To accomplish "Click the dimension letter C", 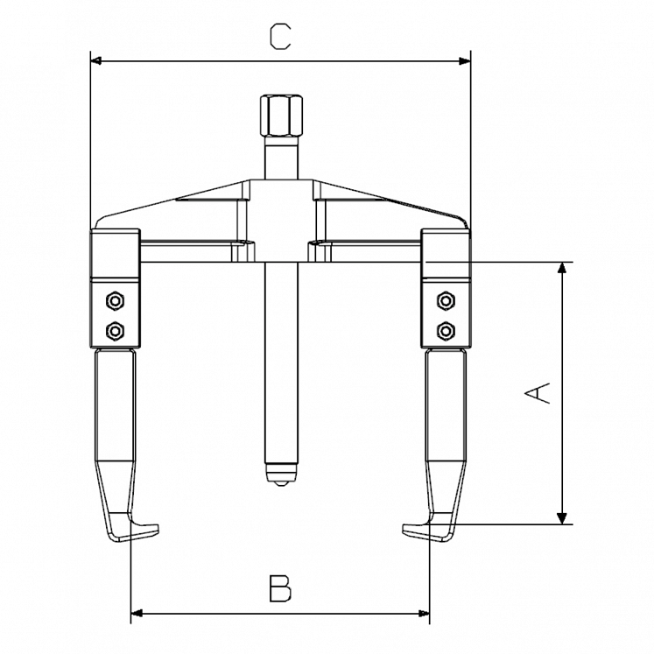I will coord(279,36).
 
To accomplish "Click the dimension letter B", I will coord(279,587).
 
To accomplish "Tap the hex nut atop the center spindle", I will coord(279,115).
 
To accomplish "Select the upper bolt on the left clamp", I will coord(113,300).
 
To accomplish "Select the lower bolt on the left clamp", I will coord(113,329).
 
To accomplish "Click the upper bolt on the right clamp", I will coord(446,300).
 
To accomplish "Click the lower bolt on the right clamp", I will coord(446,329).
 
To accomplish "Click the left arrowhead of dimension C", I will coord(96,61).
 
